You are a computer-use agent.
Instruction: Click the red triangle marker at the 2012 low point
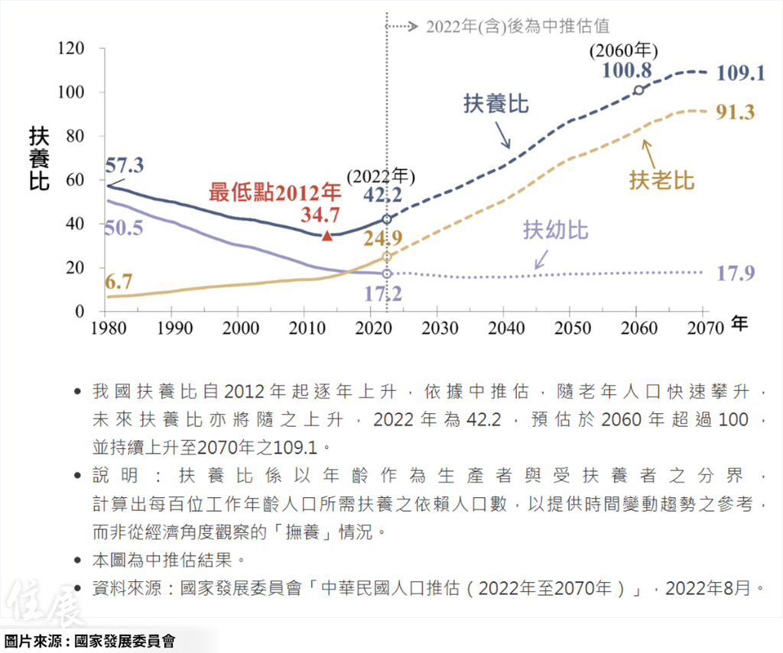click(327, 235)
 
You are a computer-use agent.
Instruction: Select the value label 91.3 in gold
click(736, 112)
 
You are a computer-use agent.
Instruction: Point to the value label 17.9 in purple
click(736, 273)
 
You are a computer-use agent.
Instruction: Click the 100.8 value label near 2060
click(626, 71)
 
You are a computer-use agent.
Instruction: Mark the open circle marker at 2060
click(638, 90)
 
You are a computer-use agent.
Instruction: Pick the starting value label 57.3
click(125, 164)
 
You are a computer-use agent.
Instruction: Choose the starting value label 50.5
click(124, 228)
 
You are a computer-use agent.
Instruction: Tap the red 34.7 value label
click(320, 215)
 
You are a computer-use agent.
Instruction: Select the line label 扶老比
click(661, 181)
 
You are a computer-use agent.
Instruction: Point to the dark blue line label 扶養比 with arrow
click(496, 104)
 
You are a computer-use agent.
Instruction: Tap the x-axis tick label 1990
click(171, 328)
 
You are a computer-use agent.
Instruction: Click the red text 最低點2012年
click(275, 192)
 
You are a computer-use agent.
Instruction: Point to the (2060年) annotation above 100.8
click(624, 51)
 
